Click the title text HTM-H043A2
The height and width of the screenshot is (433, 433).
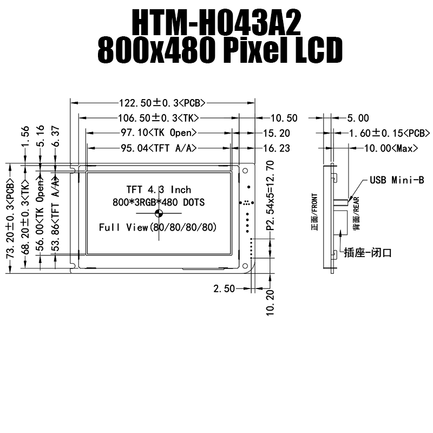pos(216,22)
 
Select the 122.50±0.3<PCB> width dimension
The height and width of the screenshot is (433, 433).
pos(162,103)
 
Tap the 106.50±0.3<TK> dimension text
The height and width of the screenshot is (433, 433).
pos(159,118)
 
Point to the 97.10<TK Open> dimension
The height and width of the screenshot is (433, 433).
pos(159,133)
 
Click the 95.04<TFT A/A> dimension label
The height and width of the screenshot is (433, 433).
pos(159,148)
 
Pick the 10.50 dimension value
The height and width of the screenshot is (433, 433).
pos(284,118)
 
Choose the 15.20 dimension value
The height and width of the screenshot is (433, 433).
pos(277,133)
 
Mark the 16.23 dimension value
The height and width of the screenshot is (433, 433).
pos(277,148)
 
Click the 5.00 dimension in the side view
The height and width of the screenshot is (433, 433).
pos(358,118)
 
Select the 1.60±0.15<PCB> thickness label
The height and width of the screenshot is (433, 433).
pos(389,133)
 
